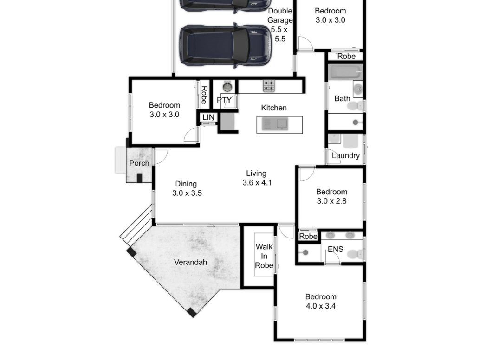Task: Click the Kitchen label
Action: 274,108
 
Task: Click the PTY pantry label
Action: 224,100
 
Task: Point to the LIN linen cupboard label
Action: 208,117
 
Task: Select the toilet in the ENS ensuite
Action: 355,254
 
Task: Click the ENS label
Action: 335,250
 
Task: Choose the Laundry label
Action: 345,155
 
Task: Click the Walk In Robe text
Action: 264,256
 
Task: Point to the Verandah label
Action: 190,262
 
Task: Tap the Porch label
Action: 139,163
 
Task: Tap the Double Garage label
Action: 280,25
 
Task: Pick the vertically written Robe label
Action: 203,95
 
